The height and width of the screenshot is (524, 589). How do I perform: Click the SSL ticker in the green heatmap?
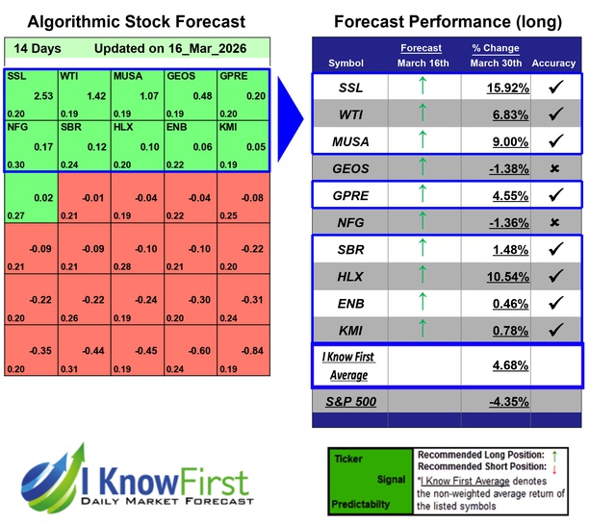(x=16, y=75)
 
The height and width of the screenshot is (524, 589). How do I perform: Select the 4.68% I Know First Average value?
(x=504, y=365)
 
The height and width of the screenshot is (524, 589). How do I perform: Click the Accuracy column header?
(x=553, y=63)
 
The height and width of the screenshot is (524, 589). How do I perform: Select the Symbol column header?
(x=346, y=63)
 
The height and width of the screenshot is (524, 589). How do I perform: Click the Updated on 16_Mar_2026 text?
(x=169, y=48)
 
